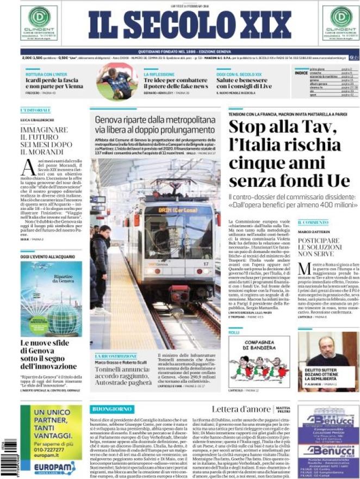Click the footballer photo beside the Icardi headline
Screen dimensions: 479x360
pos(115,82)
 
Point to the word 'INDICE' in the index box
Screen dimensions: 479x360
pos(301,72)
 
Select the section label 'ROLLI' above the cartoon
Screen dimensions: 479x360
pos(234,332)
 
